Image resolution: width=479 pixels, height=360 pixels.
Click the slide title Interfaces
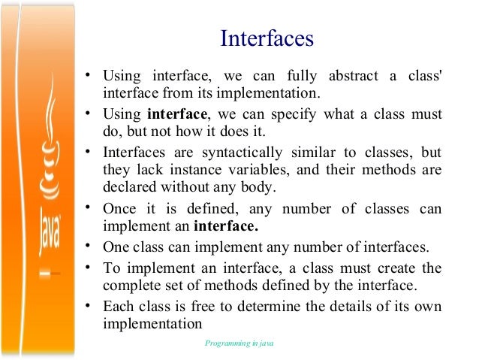click(267, 38)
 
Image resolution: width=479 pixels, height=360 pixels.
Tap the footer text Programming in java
click(239, 343)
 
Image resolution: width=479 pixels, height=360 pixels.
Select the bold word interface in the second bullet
click(177, 114)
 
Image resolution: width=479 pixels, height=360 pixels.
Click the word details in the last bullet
click(347, 307)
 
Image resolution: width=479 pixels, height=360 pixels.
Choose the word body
click(258, 188)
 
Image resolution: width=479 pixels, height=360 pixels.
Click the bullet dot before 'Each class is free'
click(89, 306)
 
